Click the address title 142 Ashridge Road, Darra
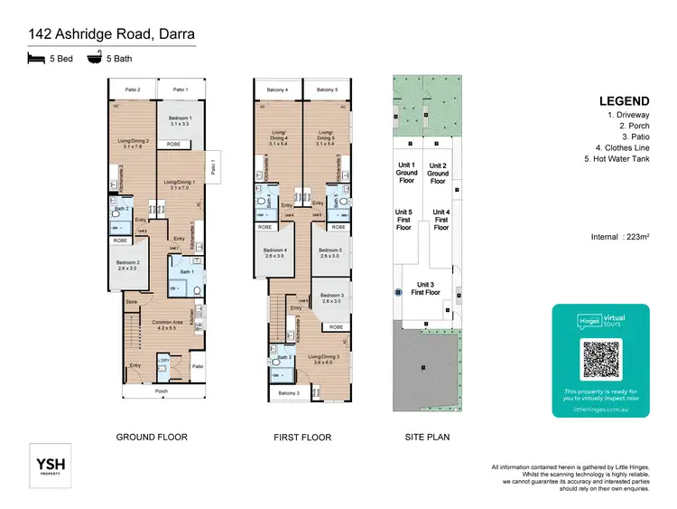(112, 35)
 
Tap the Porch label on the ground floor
(162, 391)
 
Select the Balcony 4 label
(277, 90)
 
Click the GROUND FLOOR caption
(152, 438)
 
